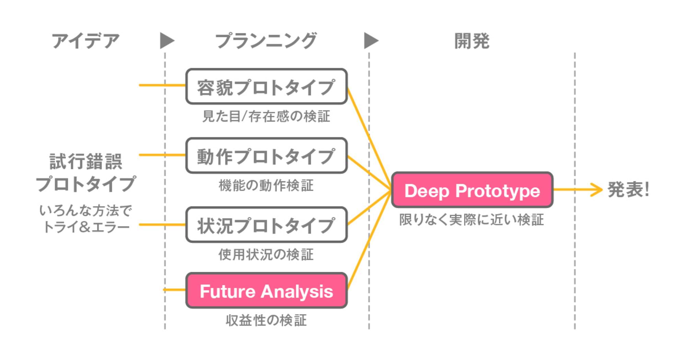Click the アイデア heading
tap(86, 41)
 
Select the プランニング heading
tap(266, 41)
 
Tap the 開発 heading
tap(472, 41)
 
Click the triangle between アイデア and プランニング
tap(166, 41)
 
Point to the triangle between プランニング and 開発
tap(370, 41)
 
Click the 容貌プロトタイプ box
tap(267, 86)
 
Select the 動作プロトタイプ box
tap(267, 156)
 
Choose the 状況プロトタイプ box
tap(267, 225)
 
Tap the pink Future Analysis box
tap(267, 291)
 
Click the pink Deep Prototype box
tap(472, 190)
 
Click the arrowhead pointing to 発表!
tap(598, 189)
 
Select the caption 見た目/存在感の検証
tap(266, 116)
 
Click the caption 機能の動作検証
tap(266, 185)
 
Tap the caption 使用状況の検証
tap(266, 255)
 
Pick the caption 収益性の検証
tap(266, 320)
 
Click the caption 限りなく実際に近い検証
tap(472, 220)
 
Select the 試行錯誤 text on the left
tap(86, 161)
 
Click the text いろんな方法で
tap(86, 210)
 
